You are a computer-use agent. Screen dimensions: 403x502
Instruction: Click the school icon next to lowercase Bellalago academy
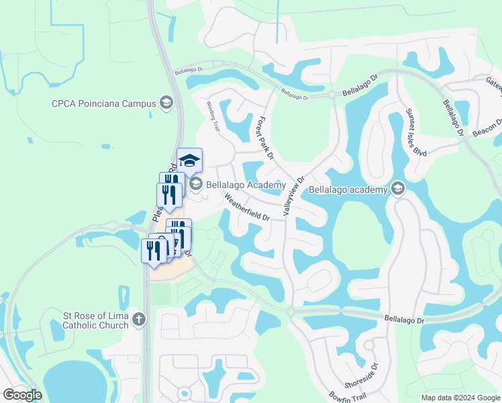coord(398,189)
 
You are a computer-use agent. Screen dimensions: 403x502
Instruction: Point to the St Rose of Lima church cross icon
coord(138,319)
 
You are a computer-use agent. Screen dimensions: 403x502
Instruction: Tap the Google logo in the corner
coord(23,395)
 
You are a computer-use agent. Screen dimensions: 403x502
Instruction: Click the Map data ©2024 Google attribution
coord(460,398)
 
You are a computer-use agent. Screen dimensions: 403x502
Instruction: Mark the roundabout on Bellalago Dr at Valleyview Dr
coord(291,312)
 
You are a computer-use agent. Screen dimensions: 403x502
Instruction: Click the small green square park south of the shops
coord(160,294)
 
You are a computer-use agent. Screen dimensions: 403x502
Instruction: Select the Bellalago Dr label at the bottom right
coord(405,320)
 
